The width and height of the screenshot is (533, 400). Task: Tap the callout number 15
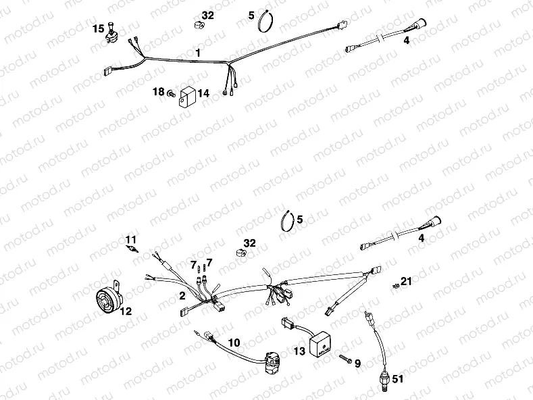99,28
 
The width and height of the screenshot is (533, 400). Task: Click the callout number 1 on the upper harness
198,52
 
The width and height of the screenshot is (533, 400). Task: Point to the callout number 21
405,280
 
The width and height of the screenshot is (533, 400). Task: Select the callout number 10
234,343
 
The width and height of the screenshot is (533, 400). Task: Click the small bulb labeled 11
132,249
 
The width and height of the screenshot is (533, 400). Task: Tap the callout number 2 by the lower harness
182,296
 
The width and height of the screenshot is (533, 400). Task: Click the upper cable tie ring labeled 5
265,22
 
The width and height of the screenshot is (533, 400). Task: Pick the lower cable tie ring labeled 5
288,221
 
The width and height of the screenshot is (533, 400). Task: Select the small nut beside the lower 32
238,253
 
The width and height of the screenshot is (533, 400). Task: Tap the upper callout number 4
406,40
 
